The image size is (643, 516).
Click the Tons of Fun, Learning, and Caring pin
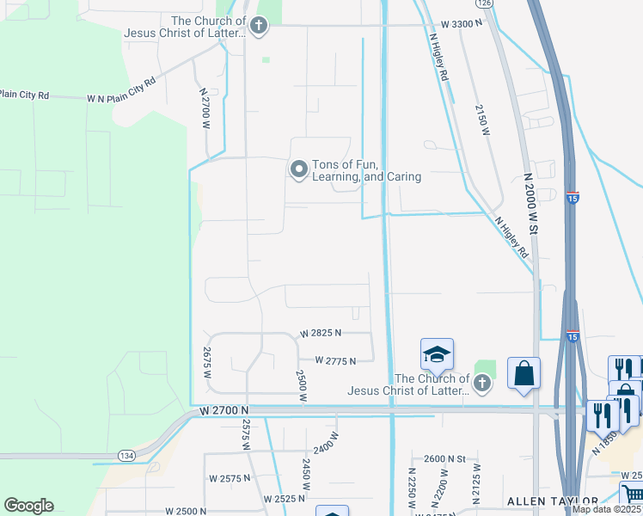pyautogui.click(x=299, y=169)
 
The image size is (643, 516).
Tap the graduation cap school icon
pyautogui.click(x=437, y=355)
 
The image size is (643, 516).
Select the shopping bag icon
pyautogui.click(x=524, y=373)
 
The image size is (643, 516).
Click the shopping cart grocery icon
pyautogui.click(x=632, y=494)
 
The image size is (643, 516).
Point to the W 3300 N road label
pyautogui.click(x=462, y=24)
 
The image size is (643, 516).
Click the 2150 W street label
pyautogui.click(x=483, y=120)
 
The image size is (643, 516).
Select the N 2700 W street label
pyautogui.click(x=205, y=108)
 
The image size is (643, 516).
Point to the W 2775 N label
pyautogui.click(x=335, y=361)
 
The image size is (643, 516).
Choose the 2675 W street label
pyautogui.click(x=207, y=357)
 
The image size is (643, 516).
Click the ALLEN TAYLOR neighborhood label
pyautogui.click(x=552, y=501)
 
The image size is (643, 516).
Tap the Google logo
pyautogui.click(x=28, y=506)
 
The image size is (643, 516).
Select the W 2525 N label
pyautogui.click(x=285, y=499)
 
